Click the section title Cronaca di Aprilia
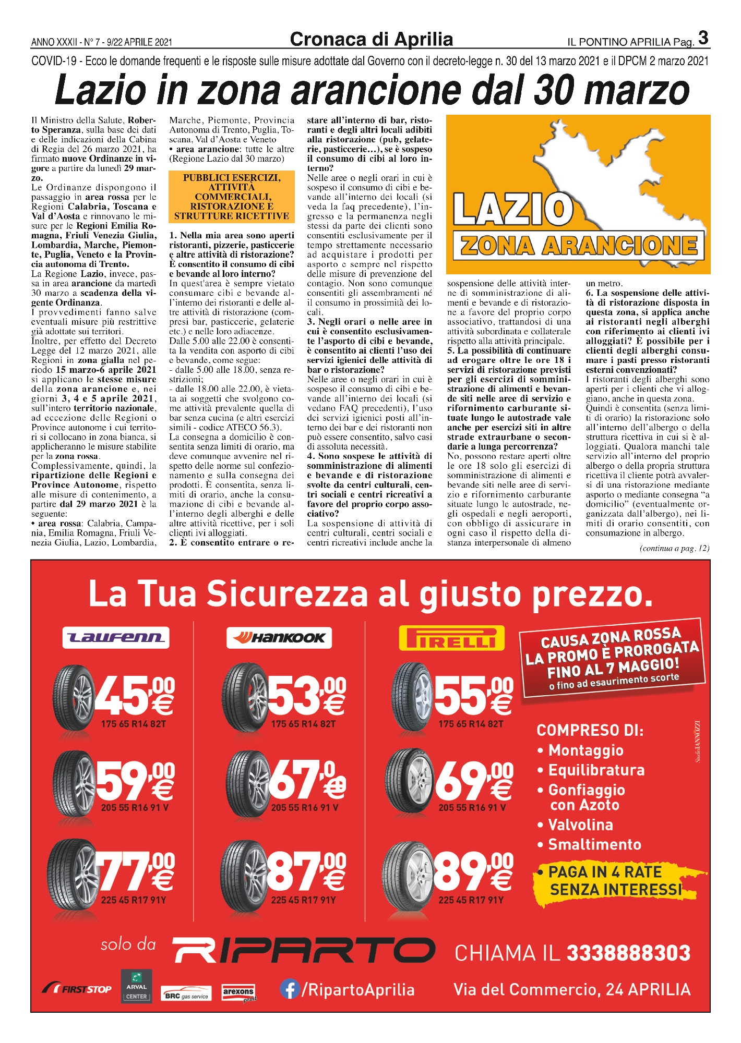[x=371, y=40]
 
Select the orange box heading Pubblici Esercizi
[x=232, y=197]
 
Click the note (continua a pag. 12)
[x=674, y=548]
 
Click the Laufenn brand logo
[x=115, y=637]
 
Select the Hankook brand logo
[x=280, y=637]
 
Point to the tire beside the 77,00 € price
[x=73, y=870]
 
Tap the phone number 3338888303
[x=628, y=953]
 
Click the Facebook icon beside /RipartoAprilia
[x=289, y=989]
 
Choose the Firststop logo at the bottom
[x=77, y=989]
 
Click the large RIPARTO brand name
[x=304, y=951]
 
